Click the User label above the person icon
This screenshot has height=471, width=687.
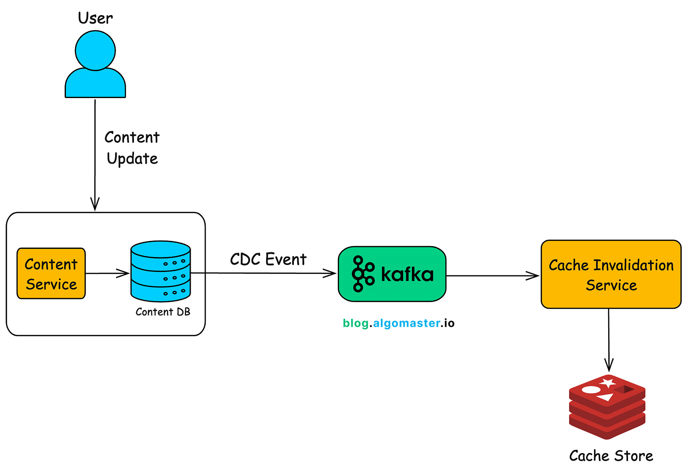click(x=95, y=18)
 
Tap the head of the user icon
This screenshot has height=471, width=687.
click(x=95, y=50)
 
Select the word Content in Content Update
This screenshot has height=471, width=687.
click(x=132, y=137)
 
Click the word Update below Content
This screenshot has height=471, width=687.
click(x=132, y=158)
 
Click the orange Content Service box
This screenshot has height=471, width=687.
click(x=51, y=273)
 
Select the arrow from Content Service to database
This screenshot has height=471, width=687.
click(x=108, y=273)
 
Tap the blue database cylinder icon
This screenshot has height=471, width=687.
click(x=160, y=271)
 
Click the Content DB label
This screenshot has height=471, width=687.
click(x=163, y=312)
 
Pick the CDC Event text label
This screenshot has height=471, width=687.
click(x=268, y=259)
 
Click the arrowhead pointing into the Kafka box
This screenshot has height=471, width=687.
click(x=331, y=273)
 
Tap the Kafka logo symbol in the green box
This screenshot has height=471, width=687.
click(x=363, y=273)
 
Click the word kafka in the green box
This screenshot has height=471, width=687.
click(x=407, y=273)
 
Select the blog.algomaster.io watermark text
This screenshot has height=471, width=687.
click(x=399, y=323)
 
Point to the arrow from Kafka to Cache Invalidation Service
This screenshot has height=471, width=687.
click(x=493, y=276)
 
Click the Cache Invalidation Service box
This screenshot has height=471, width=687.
click(x=611, y=274)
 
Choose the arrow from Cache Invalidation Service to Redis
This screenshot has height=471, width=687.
click(x=609, y=339)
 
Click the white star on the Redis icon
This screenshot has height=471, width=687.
click(x=608, y=382)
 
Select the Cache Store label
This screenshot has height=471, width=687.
click(x=611, y=455)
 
